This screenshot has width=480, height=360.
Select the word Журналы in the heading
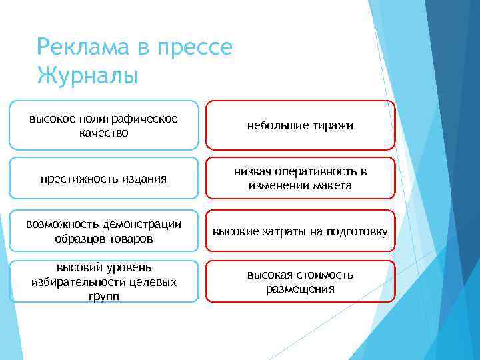(88, 75)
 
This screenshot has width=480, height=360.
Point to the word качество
(103, 133)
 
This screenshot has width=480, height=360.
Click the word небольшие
(276, 125)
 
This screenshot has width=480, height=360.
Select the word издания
(143, 178)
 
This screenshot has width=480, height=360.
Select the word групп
(103, 295)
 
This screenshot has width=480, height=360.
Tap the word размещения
(300, 289)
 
